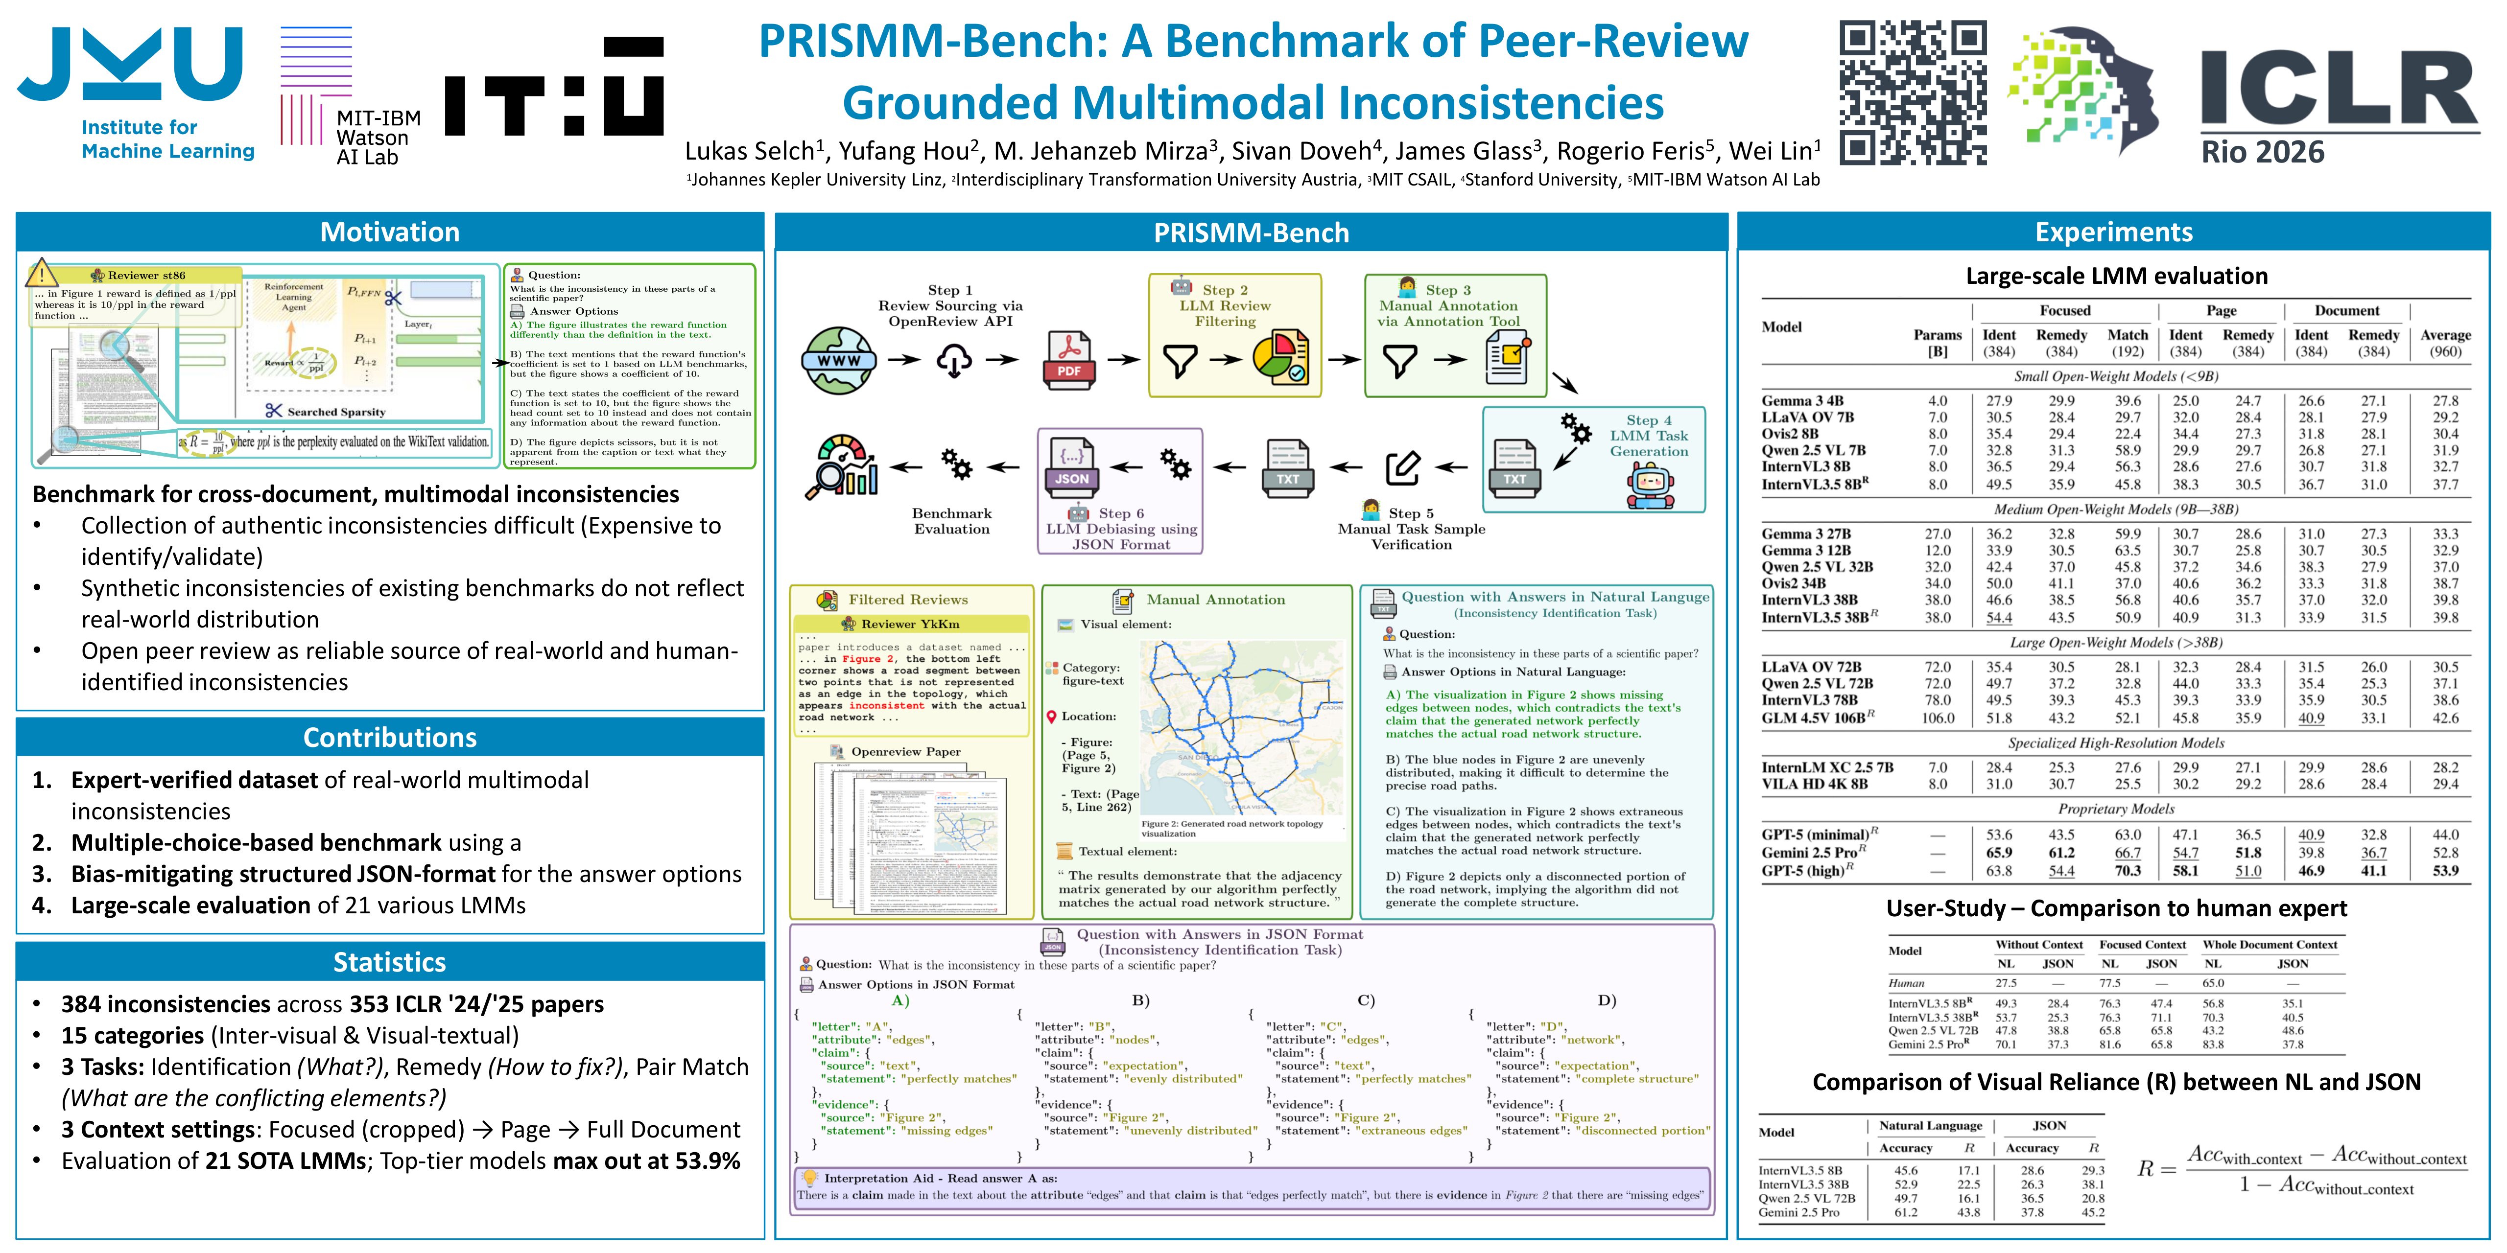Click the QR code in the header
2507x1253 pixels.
coord(1913,93)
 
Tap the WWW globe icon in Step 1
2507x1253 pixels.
coord(838,360)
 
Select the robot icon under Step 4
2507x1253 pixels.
coord(1649,484)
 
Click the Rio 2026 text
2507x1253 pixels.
coord(2263,153)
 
